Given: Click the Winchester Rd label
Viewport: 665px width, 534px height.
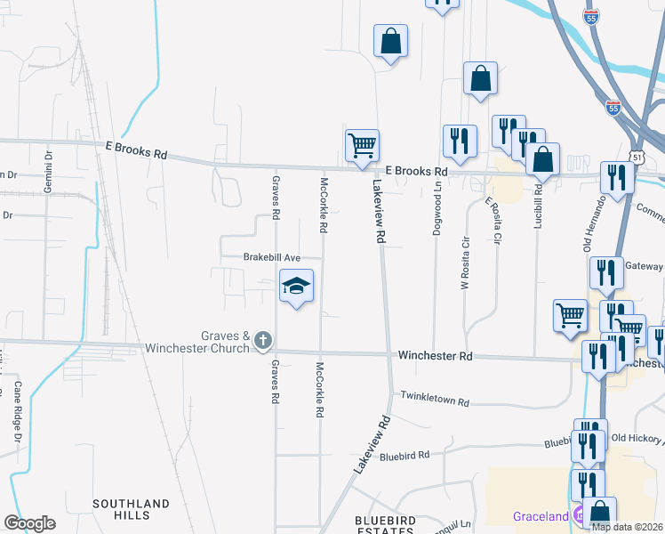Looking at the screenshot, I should (434, 355).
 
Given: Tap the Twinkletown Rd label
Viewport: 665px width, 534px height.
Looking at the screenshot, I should (434, 400).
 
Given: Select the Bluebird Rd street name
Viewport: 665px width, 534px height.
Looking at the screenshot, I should (405, 455).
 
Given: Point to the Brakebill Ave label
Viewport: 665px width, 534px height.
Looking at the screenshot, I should (272, 257).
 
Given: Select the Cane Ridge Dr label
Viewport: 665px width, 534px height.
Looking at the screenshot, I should (16, 411).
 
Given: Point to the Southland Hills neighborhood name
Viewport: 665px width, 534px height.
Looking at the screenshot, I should (131, 510).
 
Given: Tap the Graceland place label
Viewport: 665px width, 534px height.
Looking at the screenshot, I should (540, 516).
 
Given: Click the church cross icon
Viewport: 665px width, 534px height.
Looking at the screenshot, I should (262, 339).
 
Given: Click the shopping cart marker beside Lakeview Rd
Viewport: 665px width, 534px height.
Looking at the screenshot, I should (362, 144).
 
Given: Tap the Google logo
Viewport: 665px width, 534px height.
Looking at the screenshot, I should (29, 523).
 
